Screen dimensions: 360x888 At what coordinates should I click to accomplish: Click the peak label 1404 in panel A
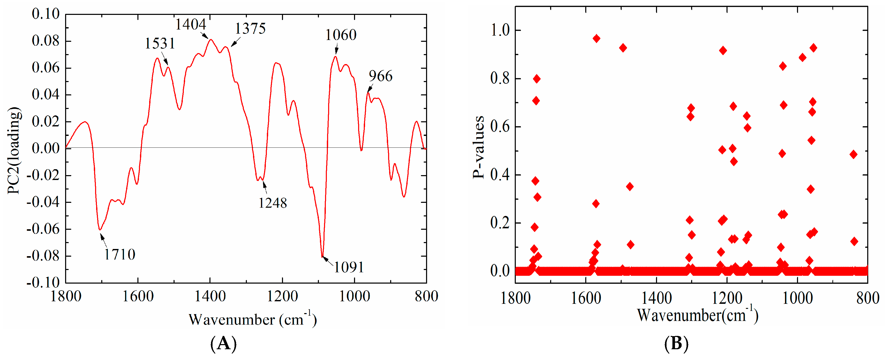click(191, 24)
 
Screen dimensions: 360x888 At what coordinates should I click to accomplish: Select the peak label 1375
click(250, 29)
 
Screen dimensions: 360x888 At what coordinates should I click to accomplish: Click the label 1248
click(273, 203)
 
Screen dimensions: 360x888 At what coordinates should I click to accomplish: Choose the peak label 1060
click(341, 35)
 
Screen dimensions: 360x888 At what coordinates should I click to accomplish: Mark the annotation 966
click(381, 76)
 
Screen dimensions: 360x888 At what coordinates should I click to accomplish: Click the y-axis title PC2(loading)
click(14, 151)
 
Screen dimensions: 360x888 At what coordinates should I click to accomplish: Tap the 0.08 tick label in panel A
click(46, 41)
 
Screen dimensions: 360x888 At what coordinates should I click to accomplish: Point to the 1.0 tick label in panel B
click(500, 30)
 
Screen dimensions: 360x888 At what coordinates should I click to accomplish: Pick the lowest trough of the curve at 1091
click(322, 257)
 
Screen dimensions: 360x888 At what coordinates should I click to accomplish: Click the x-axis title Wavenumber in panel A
click(252, 319)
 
